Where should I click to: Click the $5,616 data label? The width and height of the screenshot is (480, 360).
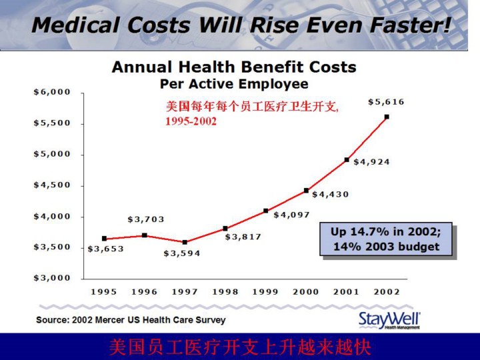click(386, 102)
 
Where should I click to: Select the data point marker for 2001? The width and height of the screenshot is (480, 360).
click(347, 160)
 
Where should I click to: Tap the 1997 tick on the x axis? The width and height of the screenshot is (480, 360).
click(185, 291)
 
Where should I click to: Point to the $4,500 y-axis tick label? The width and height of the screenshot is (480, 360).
click(52, 185)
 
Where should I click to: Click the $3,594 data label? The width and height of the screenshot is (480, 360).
click(182, 253)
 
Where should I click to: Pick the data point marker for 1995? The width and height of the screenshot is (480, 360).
click(104, 238)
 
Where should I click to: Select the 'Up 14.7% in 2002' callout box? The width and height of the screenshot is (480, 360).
click(387, 239)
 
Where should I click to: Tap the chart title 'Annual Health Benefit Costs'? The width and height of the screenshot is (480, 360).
click(234, 67)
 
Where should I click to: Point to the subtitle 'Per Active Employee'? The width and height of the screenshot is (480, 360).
click(234, 84)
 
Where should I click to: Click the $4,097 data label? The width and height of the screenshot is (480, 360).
click(292, 215)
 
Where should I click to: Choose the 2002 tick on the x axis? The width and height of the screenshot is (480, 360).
click(387, 291)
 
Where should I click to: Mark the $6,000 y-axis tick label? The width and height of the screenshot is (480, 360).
click(52, 92)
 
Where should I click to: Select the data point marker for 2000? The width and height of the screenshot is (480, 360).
click(306, 191)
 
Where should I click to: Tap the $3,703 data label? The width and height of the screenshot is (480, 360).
click(146, 219)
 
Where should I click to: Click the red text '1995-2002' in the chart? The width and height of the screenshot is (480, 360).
click(191, 122)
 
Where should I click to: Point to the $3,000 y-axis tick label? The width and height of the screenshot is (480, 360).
click(52, 278)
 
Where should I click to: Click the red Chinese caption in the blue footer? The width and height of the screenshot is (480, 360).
click(239, 347)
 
